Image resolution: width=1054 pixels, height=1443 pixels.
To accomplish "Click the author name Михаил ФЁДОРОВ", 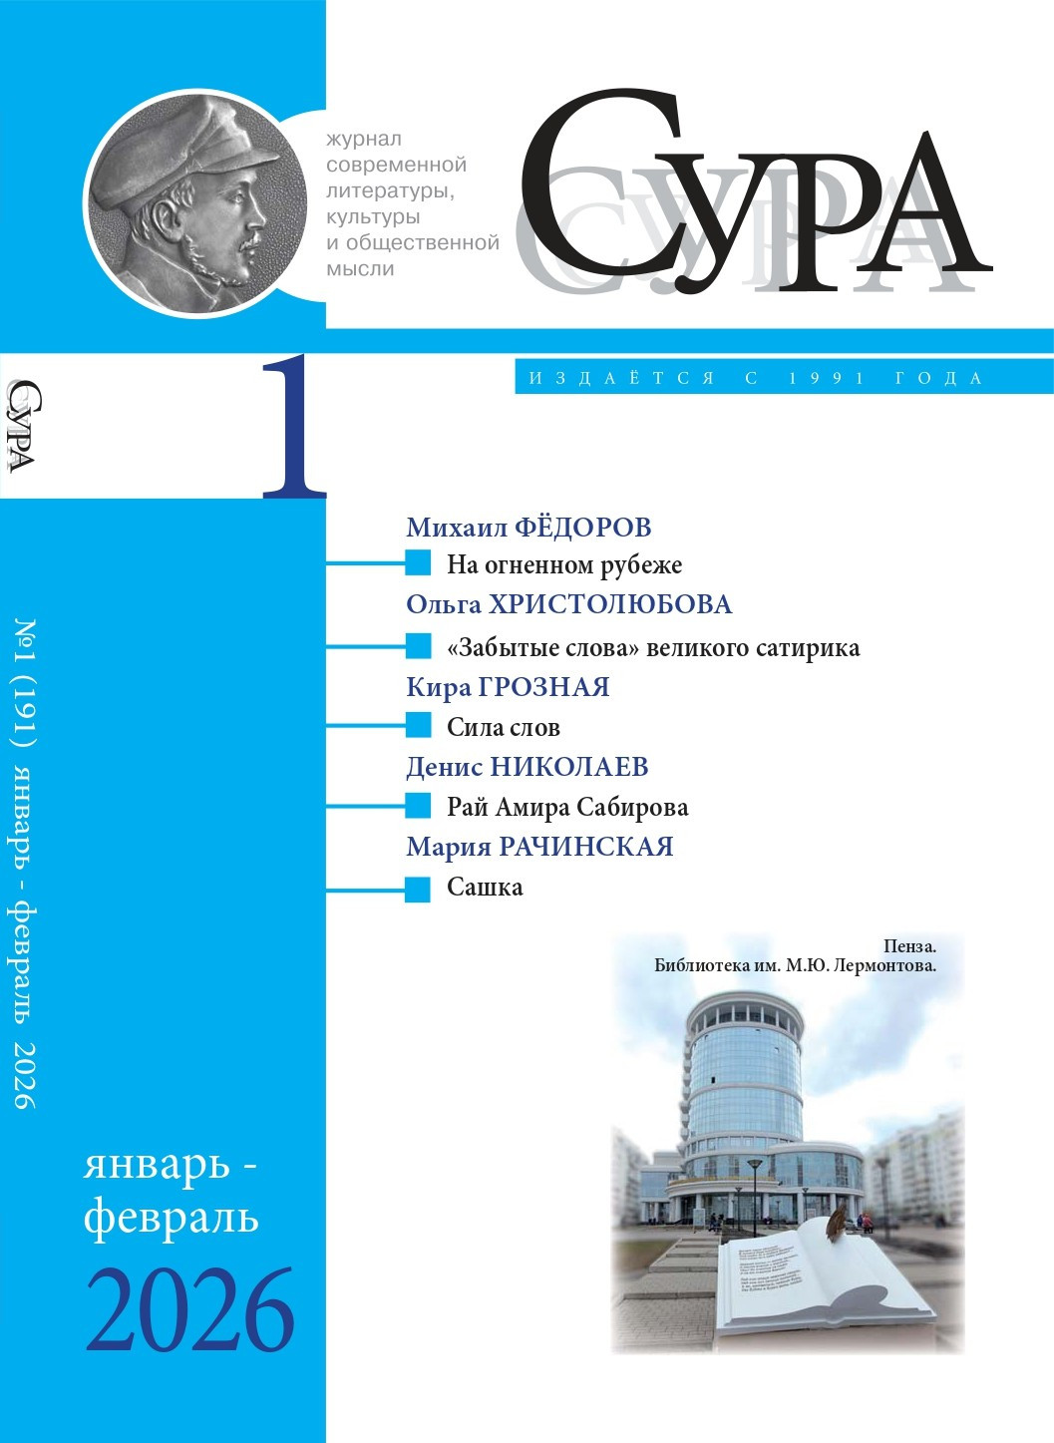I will pos(528,527).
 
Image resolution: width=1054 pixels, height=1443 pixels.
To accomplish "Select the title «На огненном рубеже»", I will pos(564,565).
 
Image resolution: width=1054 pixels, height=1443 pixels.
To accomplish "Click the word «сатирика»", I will pos(806,648).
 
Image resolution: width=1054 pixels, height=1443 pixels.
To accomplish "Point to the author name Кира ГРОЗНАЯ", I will pos(508,687).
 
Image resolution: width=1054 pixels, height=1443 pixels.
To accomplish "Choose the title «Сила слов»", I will pos(503,728).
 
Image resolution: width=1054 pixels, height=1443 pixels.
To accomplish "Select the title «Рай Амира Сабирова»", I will pos(567,807).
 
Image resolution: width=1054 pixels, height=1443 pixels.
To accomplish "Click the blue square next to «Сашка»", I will pos(418,889).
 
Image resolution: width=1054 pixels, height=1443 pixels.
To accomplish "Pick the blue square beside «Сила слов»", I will pos(418,726).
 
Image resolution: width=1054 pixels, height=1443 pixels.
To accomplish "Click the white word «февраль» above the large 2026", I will pos(171,1218).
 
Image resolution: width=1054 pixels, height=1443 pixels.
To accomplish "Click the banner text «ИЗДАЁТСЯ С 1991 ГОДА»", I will pos(756,378).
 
